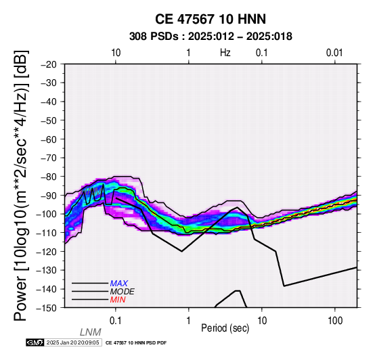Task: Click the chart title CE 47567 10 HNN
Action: (x=211, y=19)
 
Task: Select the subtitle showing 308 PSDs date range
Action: (x=211, y=37)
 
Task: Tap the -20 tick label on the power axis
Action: (x=49, y=64)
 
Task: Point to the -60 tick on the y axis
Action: (x=49, y=139)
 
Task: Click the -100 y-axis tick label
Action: (x=47, y=215)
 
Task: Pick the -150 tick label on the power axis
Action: (x=47, y=308)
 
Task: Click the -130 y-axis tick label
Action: (x=47, y=271)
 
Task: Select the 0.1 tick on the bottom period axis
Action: (x=116, y=321)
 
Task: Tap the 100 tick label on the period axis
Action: (x=335, y=321)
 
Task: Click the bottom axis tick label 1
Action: (x=189, y=321)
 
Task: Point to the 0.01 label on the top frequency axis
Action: (x=334, y=53)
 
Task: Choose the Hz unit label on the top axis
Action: (x=225, y=53)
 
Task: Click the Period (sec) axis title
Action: (x=225, y=328)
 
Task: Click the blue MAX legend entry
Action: (x=119, y=284)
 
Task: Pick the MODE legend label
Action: (x=123, y=292)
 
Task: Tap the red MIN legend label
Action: (x=118, y=300)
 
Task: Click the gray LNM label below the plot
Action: (x=91, y=332)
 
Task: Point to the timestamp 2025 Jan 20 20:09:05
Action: (x=72, y=343)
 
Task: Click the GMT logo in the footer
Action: (x=35, y=343)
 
